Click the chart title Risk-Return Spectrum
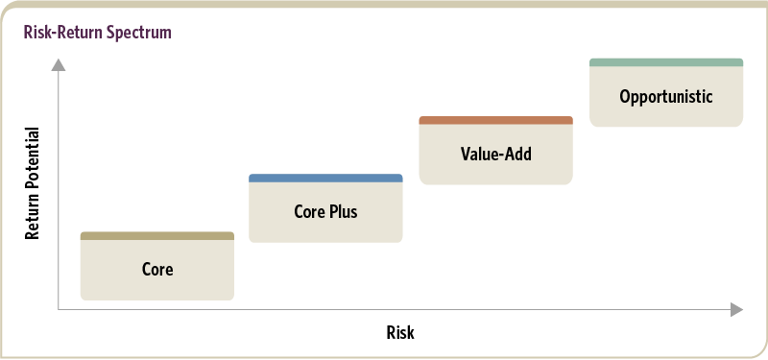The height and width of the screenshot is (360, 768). pos(98,33)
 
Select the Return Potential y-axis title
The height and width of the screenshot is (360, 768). pos(32,183)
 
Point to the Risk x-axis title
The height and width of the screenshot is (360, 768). pos(400,332)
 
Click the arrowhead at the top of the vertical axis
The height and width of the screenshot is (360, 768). pos(59,64)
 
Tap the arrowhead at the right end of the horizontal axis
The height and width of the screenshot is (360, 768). pos(736,309)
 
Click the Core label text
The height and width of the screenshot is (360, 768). pos(157,270)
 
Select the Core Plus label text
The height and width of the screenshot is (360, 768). pos(325,211)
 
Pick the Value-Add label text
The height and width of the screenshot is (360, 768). pos(495,154)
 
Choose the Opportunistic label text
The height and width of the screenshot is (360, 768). pos(666,97)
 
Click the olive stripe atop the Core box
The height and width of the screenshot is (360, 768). pos(157,236)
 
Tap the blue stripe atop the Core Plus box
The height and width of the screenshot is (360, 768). pos(325,179)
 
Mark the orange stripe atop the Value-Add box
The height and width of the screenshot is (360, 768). pos(495,121)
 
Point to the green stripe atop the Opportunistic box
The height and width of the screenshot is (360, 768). pos(666,62)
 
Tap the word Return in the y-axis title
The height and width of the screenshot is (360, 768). pos(32,213)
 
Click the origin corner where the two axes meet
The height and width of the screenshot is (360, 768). pos(59,309)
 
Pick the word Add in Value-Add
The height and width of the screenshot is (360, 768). pos(517,154)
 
